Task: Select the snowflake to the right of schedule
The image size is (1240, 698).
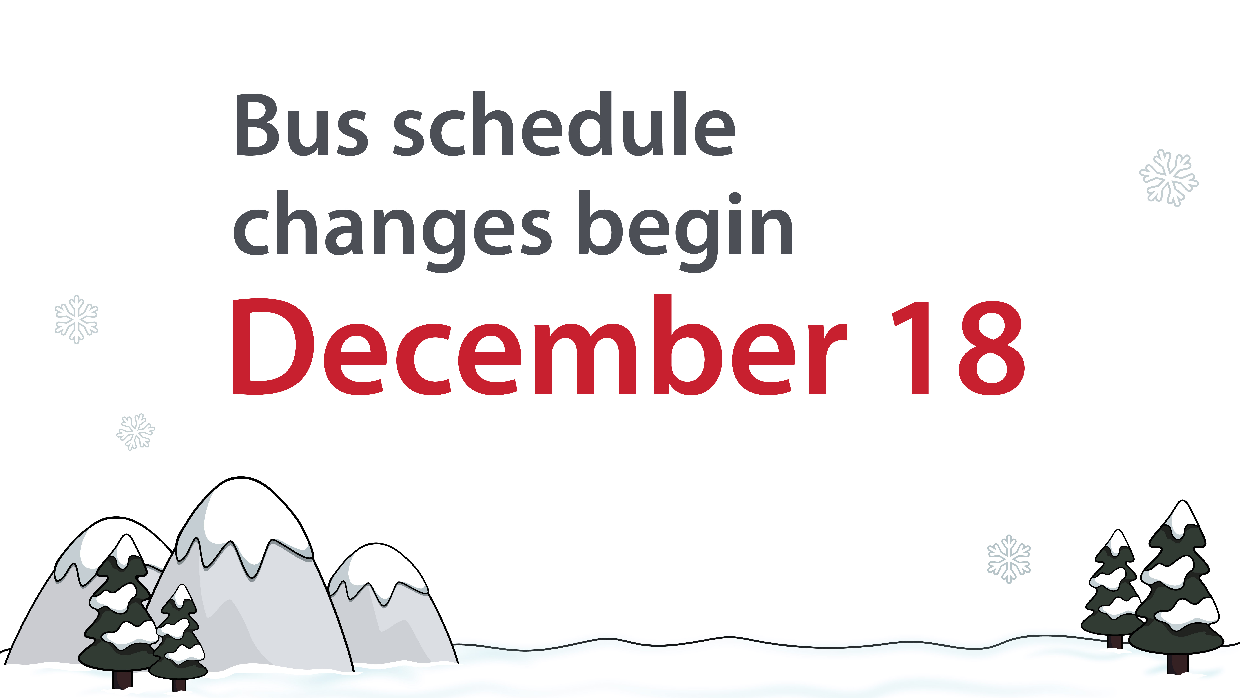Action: point(1169,178)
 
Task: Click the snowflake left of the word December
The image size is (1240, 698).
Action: point(77,319)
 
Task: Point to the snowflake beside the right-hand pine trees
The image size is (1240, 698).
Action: point(1009,559)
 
